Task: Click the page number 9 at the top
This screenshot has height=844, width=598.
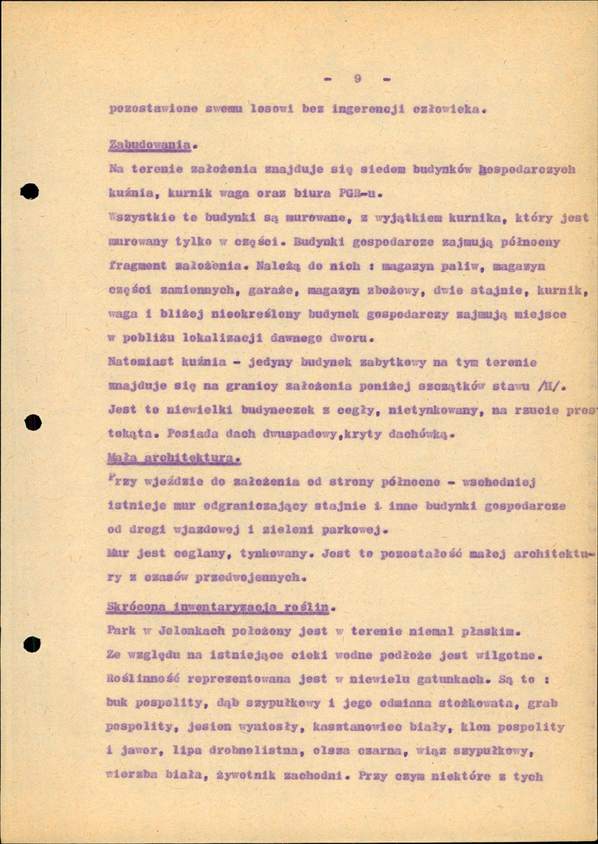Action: click(x=358, y=79)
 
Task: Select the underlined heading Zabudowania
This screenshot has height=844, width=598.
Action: click(x=150, y=144)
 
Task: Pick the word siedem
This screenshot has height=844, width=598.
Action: click(x=337, y=169)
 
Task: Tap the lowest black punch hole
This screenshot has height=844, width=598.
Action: click(x=31, y=645)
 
